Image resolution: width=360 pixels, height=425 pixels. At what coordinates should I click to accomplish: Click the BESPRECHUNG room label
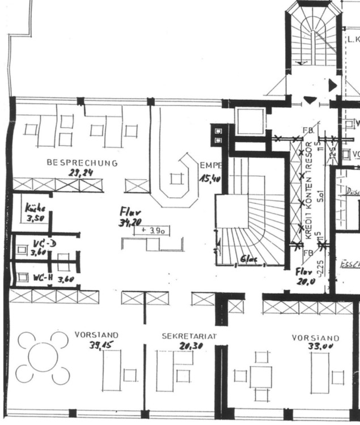coord(82,163)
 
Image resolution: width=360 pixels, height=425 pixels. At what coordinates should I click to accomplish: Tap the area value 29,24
coord(81,174)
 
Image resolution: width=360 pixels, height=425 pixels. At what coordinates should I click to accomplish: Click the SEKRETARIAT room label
coord(190,336)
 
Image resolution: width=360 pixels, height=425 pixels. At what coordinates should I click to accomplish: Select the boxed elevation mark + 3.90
coord(153,230)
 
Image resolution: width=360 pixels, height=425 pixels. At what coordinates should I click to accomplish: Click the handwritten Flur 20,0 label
coord(304,275)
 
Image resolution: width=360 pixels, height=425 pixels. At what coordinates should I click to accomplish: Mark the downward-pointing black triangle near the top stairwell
coord(309,100)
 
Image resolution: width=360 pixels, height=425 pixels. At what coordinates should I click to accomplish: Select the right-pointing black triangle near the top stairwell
coord(333,86)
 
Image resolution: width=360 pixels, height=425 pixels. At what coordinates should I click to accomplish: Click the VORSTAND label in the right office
coord(316,338)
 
